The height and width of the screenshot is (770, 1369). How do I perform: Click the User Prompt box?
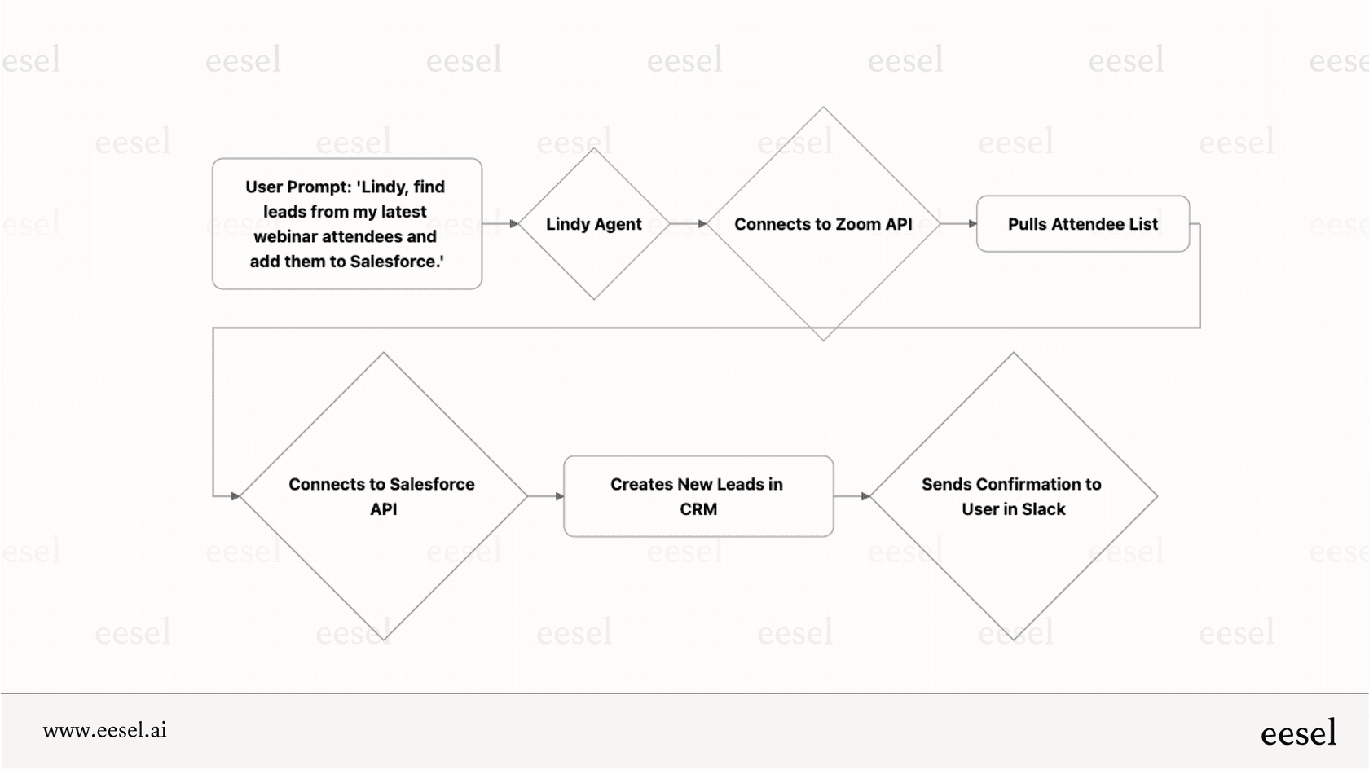click(x=347, y=223)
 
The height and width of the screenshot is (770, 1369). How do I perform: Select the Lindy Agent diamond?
click(x=594, y=224)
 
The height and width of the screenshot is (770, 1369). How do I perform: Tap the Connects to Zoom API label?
click(x=823, y=224)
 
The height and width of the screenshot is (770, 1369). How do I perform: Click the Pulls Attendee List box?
click(x=1082, y=224)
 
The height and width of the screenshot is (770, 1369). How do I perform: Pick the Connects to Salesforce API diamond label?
click(x=382, y=496)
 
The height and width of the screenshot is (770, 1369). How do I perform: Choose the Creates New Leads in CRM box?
click(x=698, y=496)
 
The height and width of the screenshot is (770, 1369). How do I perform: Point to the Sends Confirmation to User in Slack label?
click(x=1012, y=496)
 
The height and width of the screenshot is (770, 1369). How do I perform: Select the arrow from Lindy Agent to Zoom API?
click(x=689, y=223)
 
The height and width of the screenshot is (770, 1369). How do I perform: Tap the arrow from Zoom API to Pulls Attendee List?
click(x=959, y=223)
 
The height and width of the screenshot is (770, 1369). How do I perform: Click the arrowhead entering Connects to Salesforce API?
click(x=236, y=495)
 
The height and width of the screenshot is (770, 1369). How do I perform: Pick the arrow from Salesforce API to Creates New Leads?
click(x=546, y=495)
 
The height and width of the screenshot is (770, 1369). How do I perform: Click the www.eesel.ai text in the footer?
click(x=104, y=730)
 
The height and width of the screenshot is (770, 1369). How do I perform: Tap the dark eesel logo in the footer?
click(x=1298, y=733)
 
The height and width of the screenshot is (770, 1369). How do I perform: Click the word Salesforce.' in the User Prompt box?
click(x=397, y=262)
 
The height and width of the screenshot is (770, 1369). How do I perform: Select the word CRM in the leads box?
click(x=698, y=509)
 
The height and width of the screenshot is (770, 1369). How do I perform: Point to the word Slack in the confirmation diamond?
click(x=1044, y=509)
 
